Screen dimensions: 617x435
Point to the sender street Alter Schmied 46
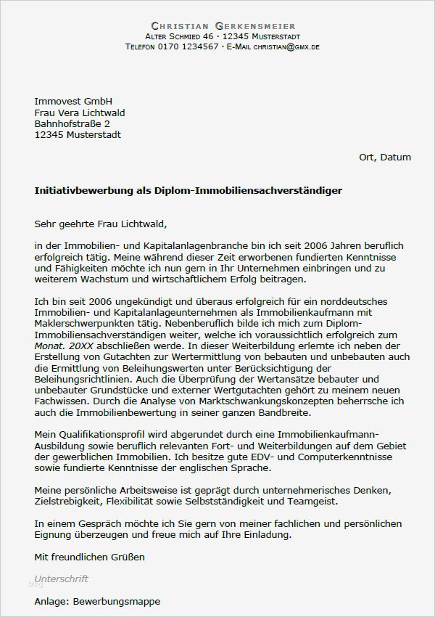point(179,36)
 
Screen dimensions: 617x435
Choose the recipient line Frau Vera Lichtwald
point(80,113)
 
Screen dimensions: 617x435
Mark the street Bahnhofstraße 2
point(72,123)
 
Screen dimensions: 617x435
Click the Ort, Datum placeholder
point(384,157)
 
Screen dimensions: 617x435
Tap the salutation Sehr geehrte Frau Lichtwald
point(105,224)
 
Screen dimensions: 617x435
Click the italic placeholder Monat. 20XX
point(61,346)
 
